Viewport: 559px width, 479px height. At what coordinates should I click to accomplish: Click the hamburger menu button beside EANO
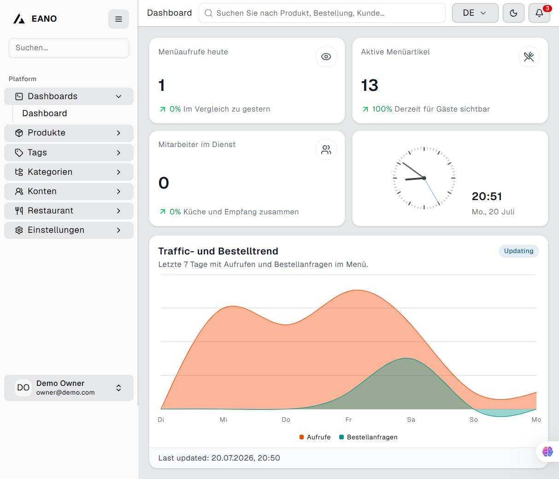(118, 19)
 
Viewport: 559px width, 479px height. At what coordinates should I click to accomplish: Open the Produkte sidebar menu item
(69, 133)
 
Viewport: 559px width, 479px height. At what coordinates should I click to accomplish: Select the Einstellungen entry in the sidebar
(69, 230)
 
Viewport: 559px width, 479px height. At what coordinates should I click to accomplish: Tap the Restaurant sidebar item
(69, 211)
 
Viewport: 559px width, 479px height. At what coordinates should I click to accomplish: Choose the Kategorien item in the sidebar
(69, 172)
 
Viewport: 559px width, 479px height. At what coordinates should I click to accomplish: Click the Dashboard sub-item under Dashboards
(45, 113)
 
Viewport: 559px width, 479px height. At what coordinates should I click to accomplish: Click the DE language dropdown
(475, 13)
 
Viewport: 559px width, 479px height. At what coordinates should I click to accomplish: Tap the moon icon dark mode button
(513, 13)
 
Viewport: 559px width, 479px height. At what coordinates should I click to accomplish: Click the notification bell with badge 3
(539, 13)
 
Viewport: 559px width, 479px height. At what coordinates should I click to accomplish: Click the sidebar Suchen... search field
(69, 48)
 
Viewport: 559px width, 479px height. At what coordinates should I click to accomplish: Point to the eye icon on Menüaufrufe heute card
(326, 57)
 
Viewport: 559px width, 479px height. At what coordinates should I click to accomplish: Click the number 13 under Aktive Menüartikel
(370, 85)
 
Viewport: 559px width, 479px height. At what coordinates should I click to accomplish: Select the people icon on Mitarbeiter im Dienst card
(326, 149)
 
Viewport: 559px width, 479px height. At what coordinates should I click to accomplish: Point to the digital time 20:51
(487, 196)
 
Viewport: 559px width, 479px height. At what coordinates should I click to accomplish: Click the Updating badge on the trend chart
(518, 251)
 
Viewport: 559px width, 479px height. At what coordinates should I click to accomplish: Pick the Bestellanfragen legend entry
(368, 437)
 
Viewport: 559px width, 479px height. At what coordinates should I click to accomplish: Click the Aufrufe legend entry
(315, 437)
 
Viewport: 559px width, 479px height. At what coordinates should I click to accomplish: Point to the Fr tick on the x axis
(348, 420)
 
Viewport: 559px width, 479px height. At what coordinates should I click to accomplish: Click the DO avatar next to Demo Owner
(23, 388)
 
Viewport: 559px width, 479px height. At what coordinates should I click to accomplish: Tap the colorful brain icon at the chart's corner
(547, 451)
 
